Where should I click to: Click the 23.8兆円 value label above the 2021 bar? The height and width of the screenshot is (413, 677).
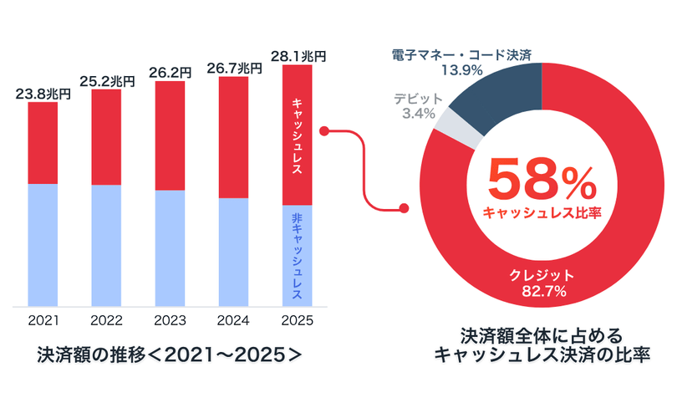point(43,94)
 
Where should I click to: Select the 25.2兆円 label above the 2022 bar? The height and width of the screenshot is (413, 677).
point(107,81)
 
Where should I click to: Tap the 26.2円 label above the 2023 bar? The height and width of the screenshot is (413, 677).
point(170,73)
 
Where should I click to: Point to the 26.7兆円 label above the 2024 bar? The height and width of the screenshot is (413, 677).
point(234,69)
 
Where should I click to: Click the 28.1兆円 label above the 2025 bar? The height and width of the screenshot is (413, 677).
point(298,57)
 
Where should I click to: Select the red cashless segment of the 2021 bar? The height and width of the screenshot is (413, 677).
point(43,143)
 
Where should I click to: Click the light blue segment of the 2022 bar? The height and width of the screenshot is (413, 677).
point(106,246)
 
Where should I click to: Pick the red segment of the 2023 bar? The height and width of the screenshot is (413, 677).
point(170,135)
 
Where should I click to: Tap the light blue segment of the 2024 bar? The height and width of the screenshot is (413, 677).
point(233,252)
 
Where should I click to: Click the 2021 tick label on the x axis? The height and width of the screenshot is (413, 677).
point(43,320)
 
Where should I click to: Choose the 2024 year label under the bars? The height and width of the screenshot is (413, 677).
point(233,320)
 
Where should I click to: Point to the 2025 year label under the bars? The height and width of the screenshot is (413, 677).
point(297,320)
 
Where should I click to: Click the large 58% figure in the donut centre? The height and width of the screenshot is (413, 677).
point(542,178)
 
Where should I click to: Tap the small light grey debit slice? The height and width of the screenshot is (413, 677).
point(459,127)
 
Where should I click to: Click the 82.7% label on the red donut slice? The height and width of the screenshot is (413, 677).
point(543,292)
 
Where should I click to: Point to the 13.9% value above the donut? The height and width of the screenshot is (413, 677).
point(461,70)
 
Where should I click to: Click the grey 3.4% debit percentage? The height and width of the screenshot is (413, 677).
point(419,114)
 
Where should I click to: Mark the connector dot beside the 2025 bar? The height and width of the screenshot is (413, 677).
point(324,131)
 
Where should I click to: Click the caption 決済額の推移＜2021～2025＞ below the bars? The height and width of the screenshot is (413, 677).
point(170,354)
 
